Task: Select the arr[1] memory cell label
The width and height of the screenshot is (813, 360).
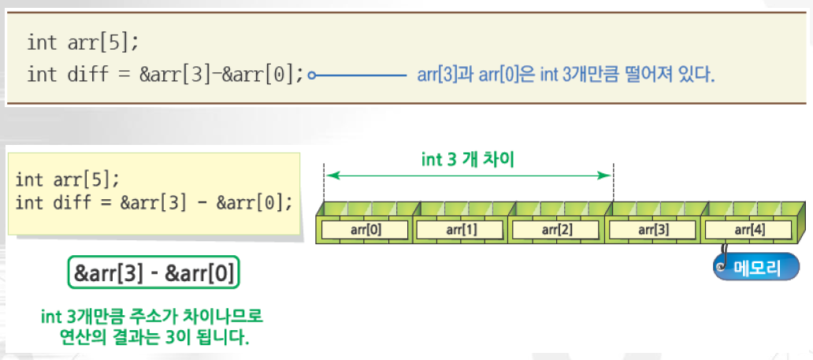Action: coord(461,230)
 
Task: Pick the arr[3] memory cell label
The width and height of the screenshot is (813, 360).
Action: coord(653,230)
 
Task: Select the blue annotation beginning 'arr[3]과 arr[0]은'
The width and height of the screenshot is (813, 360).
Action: coord(565,76)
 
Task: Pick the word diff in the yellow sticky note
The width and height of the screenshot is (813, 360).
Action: coord(69,202)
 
